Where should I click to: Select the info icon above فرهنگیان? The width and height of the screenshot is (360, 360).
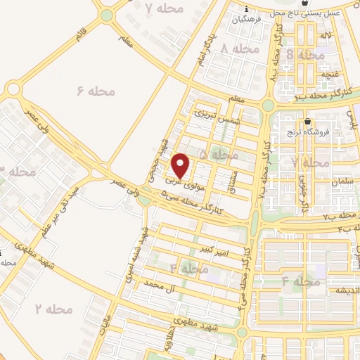[245, 8]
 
